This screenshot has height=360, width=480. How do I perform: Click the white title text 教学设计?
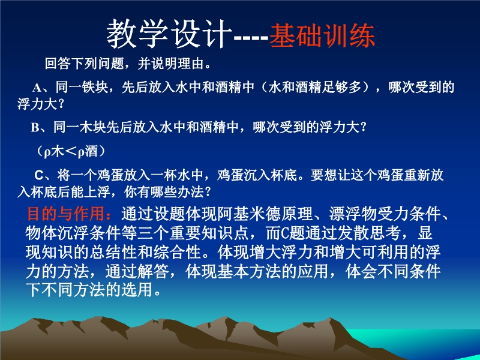pos(169,34)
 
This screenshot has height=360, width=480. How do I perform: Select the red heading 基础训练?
pos(322,35)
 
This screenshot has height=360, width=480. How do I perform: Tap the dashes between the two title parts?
pos(251,38)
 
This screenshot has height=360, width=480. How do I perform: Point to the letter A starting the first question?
pos(37,88)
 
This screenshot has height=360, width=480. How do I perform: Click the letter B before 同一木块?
pos(35,127)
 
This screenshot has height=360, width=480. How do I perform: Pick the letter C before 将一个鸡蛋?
pos(39,175)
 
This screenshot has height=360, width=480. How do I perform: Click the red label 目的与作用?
pos(66,214)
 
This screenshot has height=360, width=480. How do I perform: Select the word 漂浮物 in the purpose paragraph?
pos(353,214)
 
